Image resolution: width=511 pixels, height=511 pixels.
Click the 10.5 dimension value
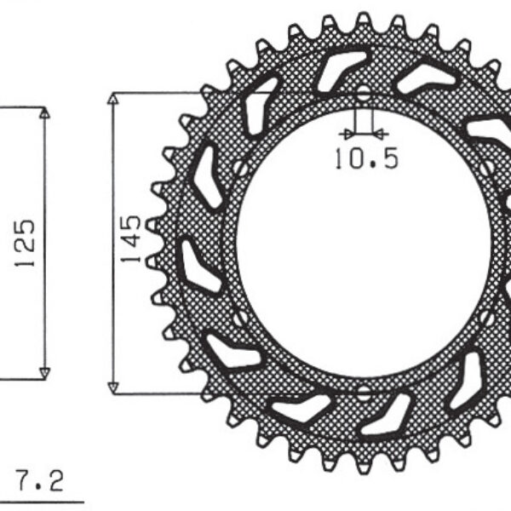tap(365, 158)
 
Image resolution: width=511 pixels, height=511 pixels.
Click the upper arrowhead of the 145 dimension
tap(112, 99)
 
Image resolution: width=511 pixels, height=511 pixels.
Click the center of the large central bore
tap(364, 244)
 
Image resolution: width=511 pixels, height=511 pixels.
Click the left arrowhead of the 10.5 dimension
tap(345, 134)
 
